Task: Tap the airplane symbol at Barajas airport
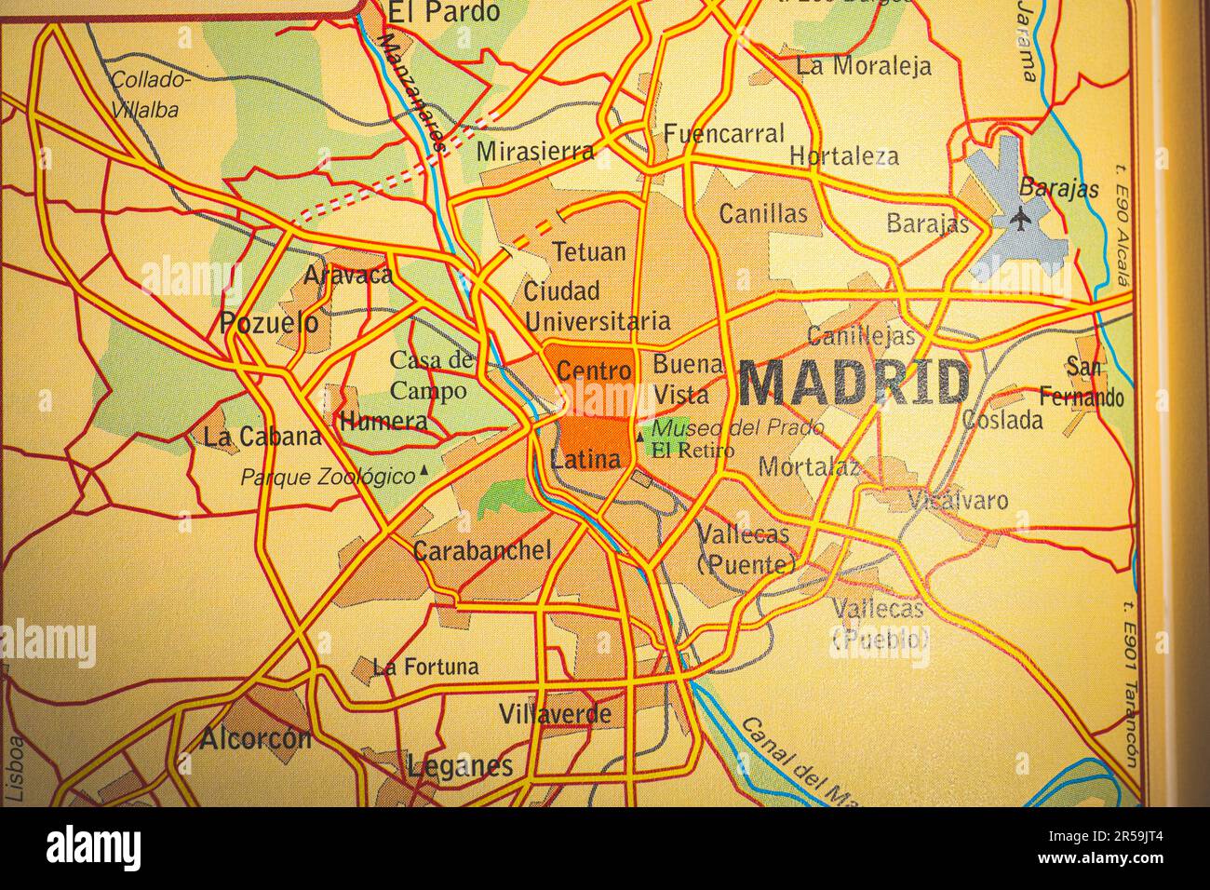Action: tap(1021, 220)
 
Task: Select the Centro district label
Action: tap(594, 371)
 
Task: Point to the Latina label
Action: tap(585, 459)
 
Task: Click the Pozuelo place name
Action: tap(268, 324)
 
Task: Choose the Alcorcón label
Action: tap(255, 739)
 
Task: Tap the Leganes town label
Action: tap(460, 766)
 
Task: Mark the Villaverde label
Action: tap(556, 714)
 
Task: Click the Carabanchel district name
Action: tap(482, 550)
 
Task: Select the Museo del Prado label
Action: tap(737, 428)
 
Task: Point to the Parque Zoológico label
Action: tap(328, 478)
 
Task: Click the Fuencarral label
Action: tap(724, 134)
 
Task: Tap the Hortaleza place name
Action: tap(844, 155)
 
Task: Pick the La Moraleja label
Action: tap(864, 65)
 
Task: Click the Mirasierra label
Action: tap(535, 151)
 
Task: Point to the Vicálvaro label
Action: tap(959, 500)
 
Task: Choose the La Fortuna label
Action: tap(425, 667)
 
